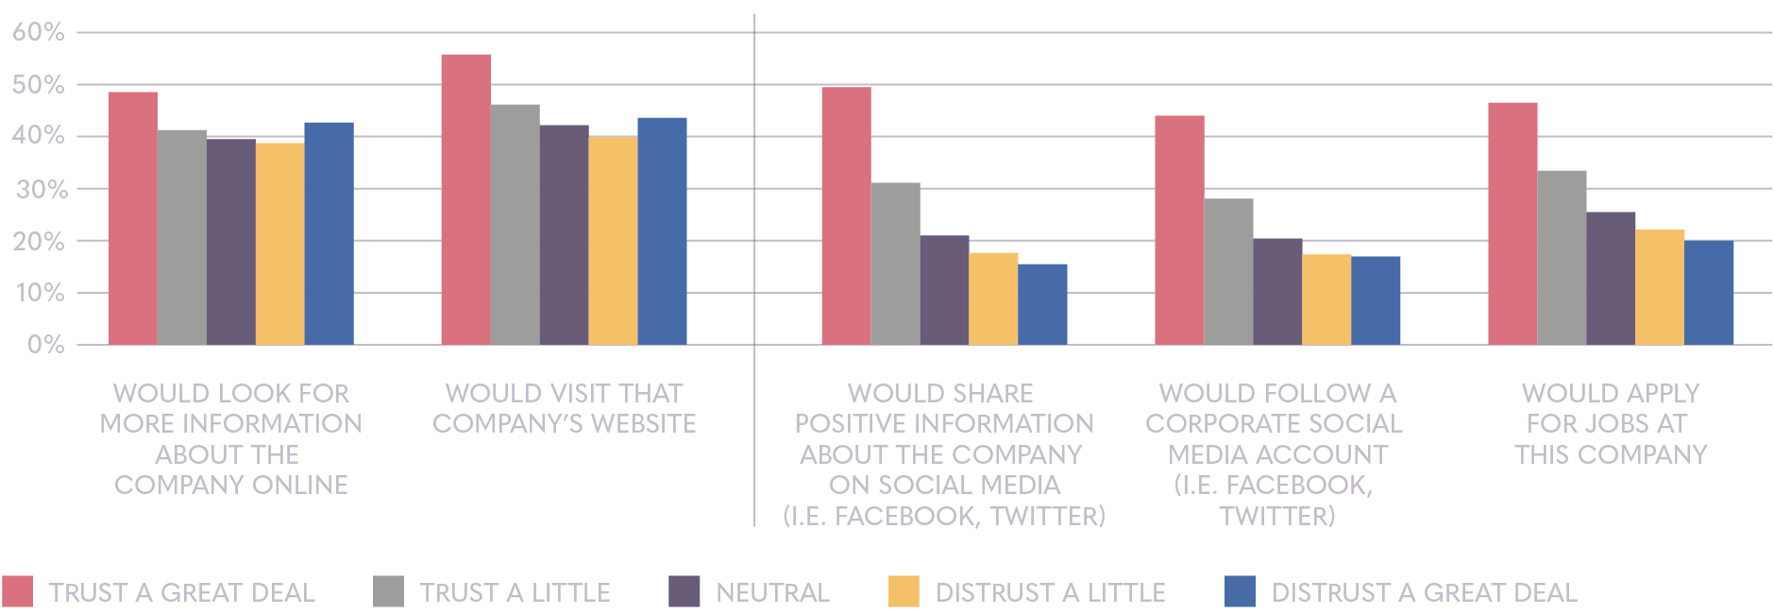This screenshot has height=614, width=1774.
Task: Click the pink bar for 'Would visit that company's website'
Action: point(465,199)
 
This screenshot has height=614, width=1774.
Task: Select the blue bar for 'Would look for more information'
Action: point(329,233)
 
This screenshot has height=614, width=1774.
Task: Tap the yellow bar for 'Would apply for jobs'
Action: point(1660,287)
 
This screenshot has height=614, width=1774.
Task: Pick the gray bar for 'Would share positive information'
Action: point(895,264)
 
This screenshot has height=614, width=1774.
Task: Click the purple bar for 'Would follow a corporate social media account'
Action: point(1277,291)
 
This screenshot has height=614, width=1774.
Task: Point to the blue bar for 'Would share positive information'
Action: point(1042,304)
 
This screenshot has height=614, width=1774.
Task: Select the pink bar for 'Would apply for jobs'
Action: point(1512,223)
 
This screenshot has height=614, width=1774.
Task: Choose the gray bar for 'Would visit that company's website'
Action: point(515,224)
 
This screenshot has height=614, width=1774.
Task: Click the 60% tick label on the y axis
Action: point(39,33)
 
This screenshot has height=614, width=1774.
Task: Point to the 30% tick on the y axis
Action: point(39,189)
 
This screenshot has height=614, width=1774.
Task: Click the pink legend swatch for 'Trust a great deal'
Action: point(17,591)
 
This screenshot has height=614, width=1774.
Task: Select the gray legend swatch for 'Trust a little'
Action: point(388,591)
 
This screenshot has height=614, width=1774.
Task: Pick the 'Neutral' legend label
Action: point(772,593)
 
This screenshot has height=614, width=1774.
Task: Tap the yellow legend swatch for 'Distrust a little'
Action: point(904,591)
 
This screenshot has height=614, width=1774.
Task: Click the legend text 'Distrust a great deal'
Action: point(1424,593)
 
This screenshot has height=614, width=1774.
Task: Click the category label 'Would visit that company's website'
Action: point(565,408)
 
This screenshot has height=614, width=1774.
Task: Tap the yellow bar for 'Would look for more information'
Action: point(279,244)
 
